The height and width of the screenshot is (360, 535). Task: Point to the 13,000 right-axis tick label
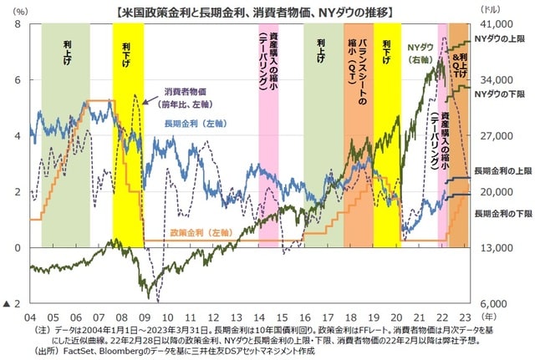(492, 248)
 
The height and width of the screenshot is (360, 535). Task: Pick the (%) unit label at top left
(21, 9)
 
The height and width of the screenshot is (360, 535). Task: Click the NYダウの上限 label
(502, 39)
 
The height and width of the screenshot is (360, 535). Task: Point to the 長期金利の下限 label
(502, 214)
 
